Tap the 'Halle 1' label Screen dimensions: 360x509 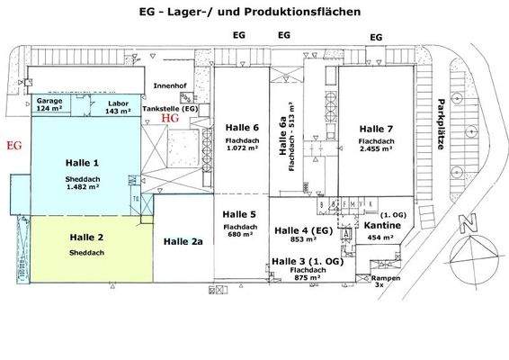(x=83, y=163)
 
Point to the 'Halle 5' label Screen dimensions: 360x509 (x=240, y=214)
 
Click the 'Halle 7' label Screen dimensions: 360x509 (x=377, y=129)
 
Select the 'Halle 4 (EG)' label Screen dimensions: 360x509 (x=303, y=229)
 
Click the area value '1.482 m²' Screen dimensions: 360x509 (x=83, y=189)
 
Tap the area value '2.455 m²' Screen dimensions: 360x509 (x=377, y=153)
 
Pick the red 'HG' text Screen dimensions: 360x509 (x=170, y=118)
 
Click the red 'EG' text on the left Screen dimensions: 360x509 (x=13, y=144)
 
